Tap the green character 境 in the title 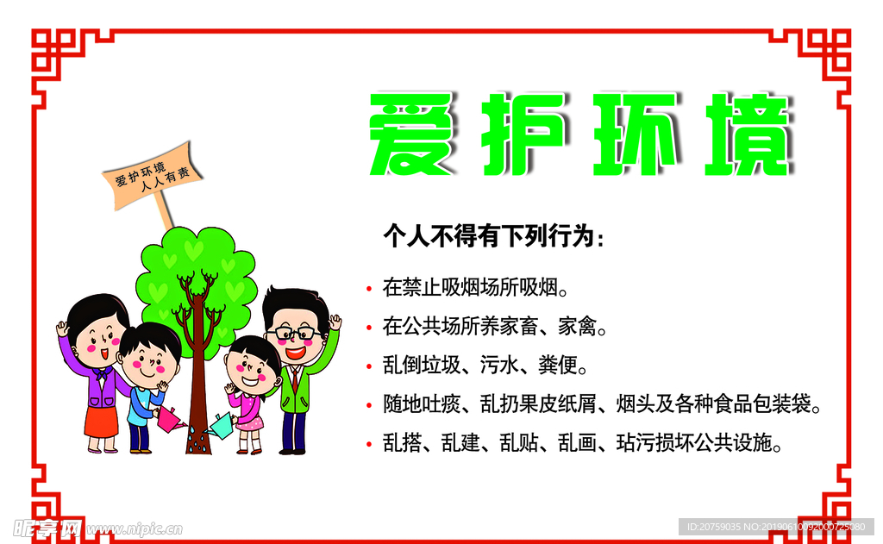pyautogui.click(x=746, y=135)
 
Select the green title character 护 pyautogui.click(x=522, y=135)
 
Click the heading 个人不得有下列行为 pyautogui.click(x=493, y=237)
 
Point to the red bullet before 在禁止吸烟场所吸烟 pyautogui.click(x=368, y=286)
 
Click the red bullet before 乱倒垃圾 pyautogui.click(x=368, y=366)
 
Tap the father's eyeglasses pyautogui.click(x=292, y=334)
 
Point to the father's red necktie pyautogui.click(x=295, y=379)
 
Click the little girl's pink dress pyautogui.click(x=248, y=410)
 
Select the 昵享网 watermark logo pyautogui.click(x=47, y=526)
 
